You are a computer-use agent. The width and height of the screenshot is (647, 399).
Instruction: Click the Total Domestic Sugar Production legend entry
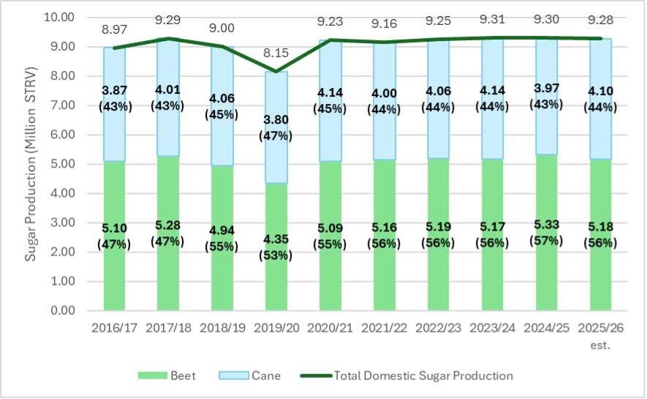(x=406, y=376)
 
